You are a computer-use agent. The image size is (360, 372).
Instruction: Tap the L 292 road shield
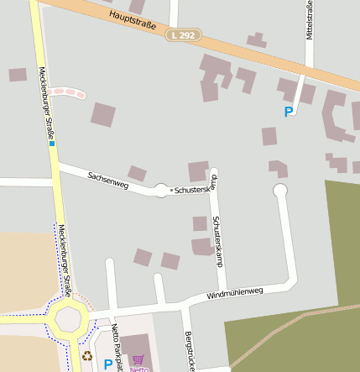184,35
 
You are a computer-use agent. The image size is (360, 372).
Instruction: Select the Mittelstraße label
310,21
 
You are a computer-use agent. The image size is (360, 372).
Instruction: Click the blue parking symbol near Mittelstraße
289,111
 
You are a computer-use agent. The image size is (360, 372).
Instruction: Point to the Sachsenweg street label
107,179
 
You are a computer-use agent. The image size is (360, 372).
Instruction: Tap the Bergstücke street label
188,349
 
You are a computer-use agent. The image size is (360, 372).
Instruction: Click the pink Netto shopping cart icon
138,359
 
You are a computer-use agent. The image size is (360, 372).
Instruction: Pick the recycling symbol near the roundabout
87,356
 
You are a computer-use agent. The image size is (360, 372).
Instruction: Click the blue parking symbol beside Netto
107,364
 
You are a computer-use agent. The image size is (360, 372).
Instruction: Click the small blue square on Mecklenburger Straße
51,144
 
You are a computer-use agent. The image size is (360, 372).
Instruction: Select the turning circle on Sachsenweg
161,191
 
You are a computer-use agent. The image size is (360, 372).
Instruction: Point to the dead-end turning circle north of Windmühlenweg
280,191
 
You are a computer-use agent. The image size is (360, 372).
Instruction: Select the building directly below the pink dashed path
103,114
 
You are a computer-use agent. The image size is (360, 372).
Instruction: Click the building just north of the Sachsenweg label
137,173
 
